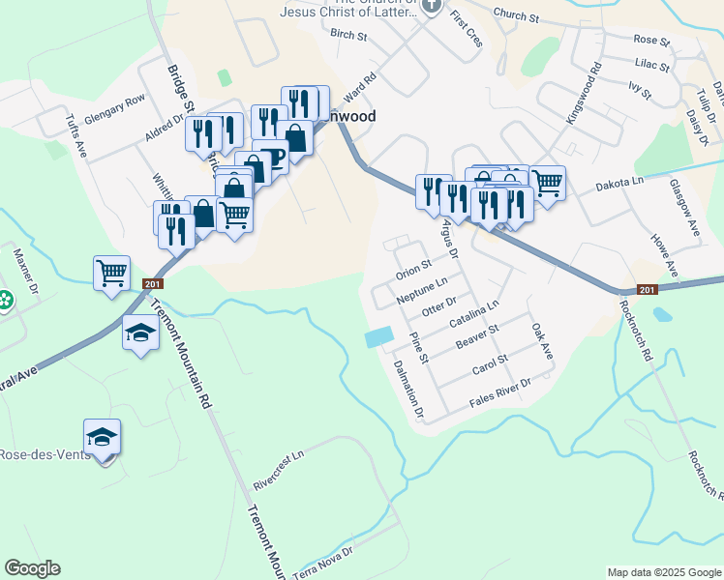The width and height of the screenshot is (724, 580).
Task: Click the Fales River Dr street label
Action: coord(500,391)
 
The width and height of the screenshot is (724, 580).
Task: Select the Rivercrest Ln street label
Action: coord(278,467)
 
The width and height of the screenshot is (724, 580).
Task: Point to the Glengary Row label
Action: coord(114,107)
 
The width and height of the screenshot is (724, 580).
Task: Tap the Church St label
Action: coord(515,15)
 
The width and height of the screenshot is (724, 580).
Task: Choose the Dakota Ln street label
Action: coord(618,183)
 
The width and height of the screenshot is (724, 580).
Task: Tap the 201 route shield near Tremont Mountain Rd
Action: coord(152,283)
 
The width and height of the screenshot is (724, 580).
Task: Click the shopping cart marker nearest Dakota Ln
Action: coord(547,182)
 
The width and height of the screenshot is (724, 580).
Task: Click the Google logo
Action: coord(33,568)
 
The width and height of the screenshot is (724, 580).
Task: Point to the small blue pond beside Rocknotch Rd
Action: coord(662,314)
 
